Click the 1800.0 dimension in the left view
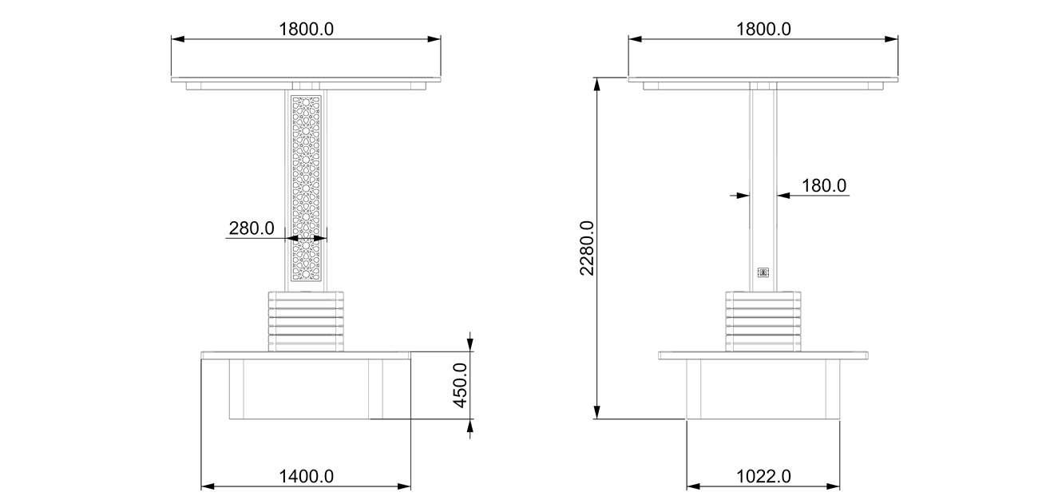[x=306, y=30]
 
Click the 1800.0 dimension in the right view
[x=763, y=30]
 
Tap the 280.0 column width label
[x=252, y=228]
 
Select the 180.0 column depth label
[x=824, y=185]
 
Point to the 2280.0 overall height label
[x=587, y=248]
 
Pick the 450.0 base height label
[x=460, y=386]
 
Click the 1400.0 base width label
[x=306, y=476]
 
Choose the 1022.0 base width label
[x=763, y=476]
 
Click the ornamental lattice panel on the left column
[x=306, y=189]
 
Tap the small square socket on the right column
[x=763, y=272]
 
